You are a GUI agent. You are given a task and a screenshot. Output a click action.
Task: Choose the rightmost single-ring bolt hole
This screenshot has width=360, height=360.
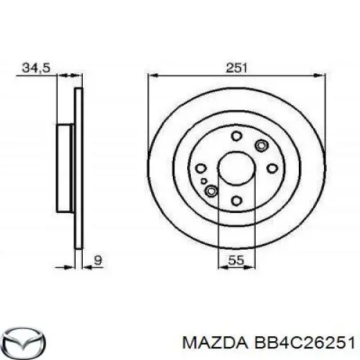tap(272, 168)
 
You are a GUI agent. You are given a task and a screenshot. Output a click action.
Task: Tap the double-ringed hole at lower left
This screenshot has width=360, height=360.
tap(212, 191)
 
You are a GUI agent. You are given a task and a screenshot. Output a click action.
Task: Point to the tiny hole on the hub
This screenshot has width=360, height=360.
tap(205, 181)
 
